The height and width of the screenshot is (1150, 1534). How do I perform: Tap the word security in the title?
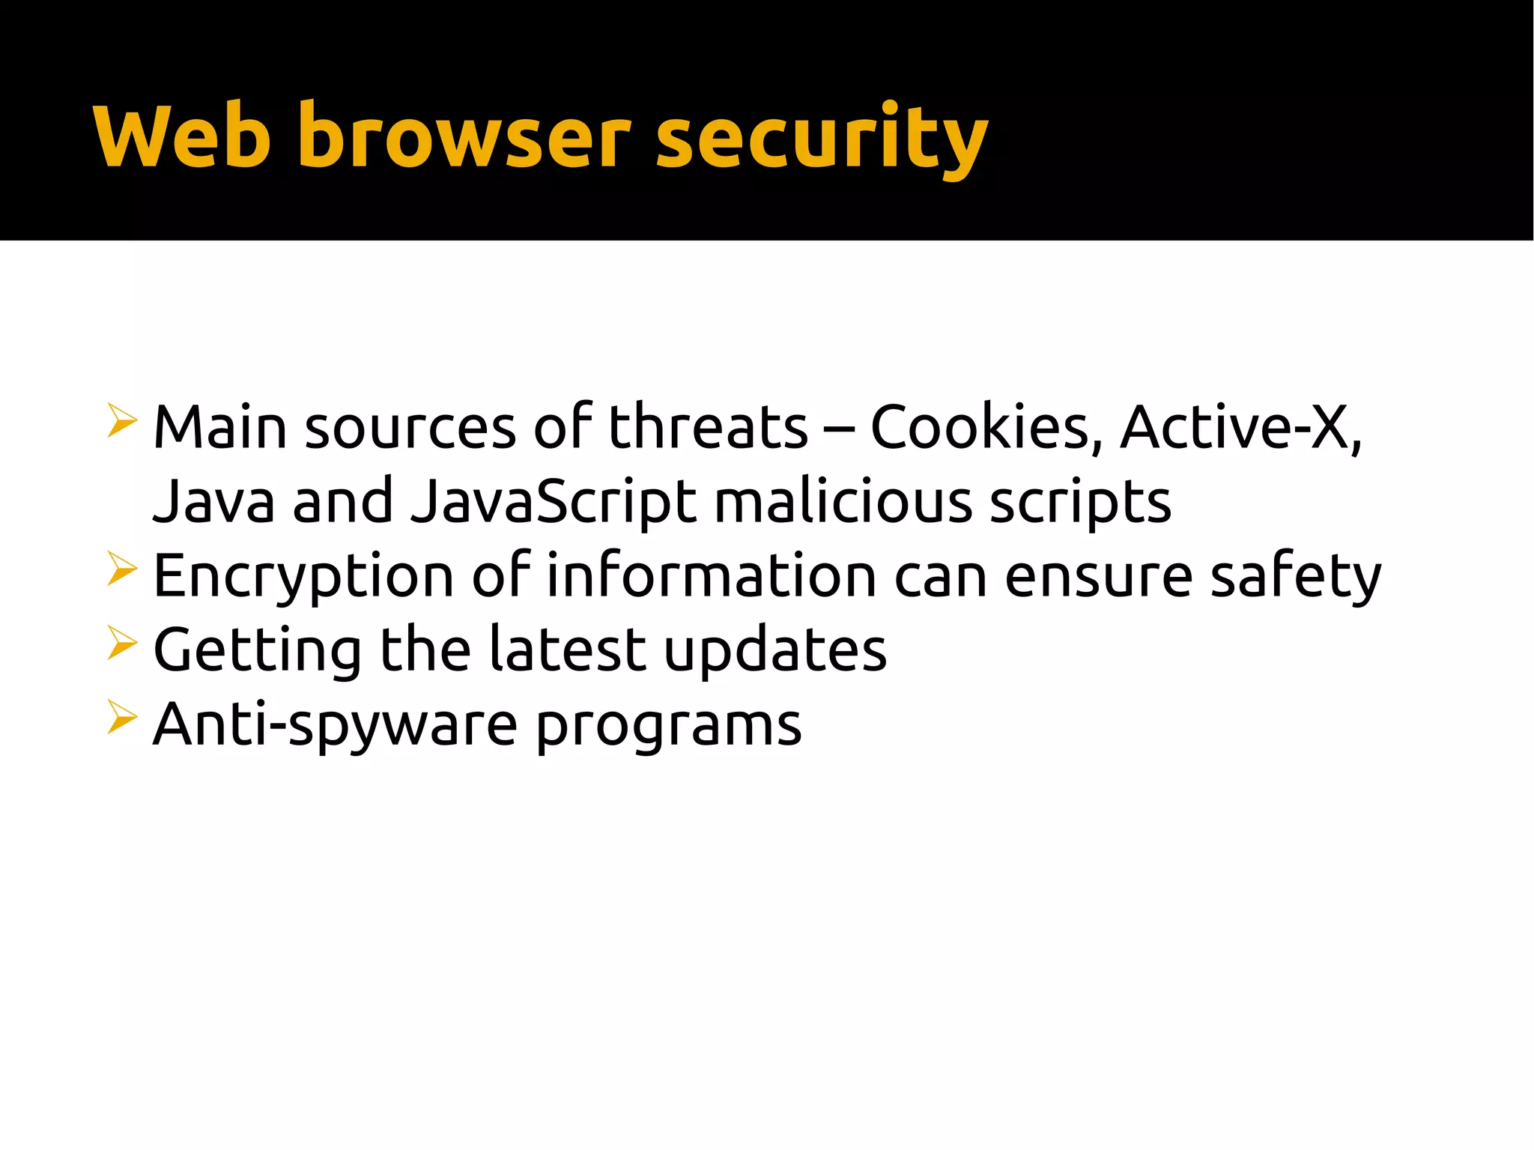[x=822, y=139]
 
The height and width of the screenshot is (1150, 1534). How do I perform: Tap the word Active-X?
[x=1240, y=427]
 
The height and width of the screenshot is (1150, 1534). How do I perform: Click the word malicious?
[x=843, y=500]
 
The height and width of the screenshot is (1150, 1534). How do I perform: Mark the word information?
[x=712, y=575]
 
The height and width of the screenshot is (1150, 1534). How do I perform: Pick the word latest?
[x=567, y=649]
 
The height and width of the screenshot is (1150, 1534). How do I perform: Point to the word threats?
[x=708, y=427]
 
